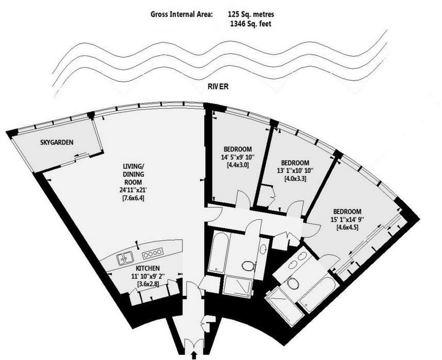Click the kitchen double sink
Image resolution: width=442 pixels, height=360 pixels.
[x=125, y=257]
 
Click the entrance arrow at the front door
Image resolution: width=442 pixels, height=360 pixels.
[x=194, y=355]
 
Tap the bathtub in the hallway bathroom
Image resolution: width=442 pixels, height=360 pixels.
[x=217, y=253]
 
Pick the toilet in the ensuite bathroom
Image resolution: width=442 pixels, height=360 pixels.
[x=294, y=283]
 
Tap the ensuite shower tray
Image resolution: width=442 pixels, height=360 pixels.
[x=280, y=303]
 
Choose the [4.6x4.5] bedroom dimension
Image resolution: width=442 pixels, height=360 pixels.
[x=346, y=228]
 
